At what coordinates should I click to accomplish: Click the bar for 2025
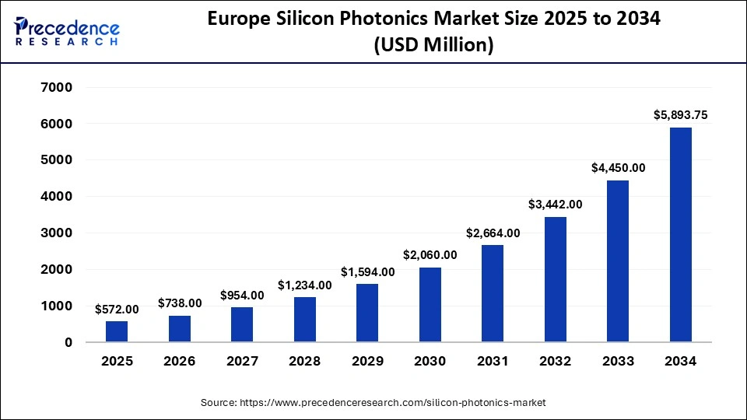point(117,331)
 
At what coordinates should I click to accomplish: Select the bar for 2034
point(680,235)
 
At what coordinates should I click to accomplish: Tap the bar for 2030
point(430,304)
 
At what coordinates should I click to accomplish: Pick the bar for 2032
point(555,279)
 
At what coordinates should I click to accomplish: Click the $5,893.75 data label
point(680,115)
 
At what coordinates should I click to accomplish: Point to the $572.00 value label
point(117,309)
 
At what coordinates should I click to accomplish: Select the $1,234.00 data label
point(304,285)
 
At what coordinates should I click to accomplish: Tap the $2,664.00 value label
point(493,233)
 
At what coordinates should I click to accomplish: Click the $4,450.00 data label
point(618,167)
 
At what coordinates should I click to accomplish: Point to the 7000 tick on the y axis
point(57,87)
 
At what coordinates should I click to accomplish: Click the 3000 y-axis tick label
point(57,233)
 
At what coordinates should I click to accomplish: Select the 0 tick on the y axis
point(68,342)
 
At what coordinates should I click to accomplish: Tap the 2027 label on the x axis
point(242,362)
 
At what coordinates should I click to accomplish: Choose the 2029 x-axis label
point(367,362)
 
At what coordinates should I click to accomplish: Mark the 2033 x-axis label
point(618,362)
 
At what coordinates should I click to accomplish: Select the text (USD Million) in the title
point(433,46)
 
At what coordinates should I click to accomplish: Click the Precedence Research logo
point(67,32)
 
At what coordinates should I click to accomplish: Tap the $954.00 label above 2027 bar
point(242,295)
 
